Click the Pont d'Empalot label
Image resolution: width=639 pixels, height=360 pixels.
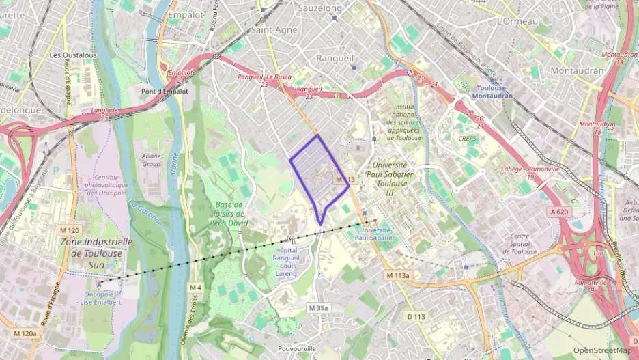pos(159,91)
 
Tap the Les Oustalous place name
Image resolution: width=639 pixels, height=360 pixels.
pos(74,55)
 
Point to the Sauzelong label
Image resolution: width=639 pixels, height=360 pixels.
pos(320,8)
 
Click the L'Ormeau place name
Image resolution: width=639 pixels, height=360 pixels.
pos(519,21)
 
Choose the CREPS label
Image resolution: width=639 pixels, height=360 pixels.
pos(468,138)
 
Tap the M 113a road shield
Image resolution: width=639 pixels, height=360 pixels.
pos(398,275)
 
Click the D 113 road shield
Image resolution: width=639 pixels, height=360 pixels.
pos(416,316)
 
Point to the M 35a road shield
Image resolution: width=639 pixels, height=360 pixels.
pos(318,308)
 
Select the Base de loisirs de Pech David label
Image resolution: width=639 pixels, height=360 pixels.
pos(229,214)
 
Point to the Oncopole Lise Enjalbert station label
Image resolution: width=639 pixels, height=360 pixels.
pos(102,299)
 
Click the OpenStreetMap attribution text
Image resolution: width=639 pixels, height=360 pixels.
pos(603,350)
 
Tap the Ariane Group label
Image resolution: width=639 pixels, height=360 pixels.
pos(152,160)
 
